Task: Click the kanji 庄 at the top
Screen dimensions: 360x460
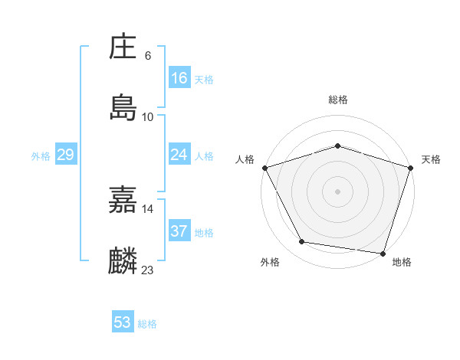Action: pyautogui.click(x=123, y=48)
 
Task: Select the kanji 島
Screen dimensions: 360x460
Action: pyautogui.click(x=123, y=108)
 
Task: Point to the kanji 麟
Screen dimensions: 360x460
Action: pyautogui.click(x=123, y=261)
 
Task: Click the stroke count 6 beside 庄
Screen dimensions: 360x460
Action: pyautogui.click(x=148, y=56)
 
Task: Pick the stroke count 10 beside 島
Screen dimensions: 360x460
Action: pyautogui.click(x=148, y=116)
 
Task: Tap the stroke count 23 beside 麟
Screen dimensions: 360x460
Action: pyautogui.click(x=148, y=270)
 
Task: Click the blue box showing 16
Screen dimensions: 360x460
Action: pyautogui.click(x=179, y=78)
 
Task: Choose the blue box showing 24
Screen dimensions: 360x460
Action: pyautogui.click(x=179, y=155)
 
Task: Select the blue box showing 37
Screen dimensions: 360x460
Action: pyautogui.click(x=179, y=231)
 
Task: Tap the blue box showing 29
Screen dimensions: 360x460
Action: pyautogui.click(x=66, y=155)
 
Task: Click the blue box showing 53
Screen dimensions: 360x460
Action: pyautogui.click(x=123, y=322)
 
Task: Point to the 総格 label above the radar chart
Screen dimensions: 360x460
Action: pyautogui.click(x=338, y=100)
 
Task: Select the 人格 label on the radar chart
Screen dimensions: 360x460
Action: pyautogui.click(x=245, y=159)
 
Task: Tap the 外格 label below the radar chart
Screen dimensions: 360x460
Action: pyautogui.click(x=270, y=263)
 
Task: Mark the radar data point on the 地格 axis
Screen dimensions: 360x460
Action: pyautogui.click(x=383, y=254)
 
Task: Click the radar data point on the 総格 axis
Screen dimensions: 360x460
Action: pyautogui.click(x=338, y=146)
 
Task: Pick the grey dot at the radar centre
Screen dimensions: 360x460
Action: pyautogui.click(x=338, y=191)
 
